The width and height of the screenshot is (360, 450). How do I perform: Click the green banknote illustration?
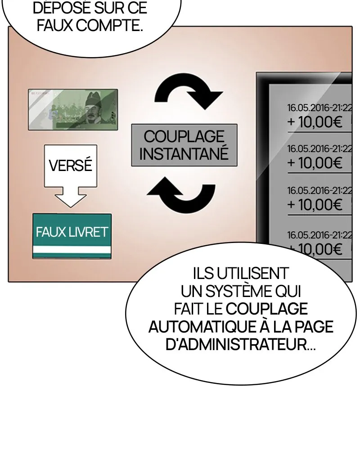tap(73, 109)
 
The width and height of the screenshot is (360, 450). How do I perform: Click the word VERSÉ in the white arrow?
tap(70, 165)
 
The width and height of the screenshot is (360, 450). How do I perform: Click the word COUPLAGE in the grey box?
tap(184, 136)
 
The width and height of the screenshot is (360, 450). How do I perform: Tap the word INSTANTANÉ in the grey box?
tap(184, 153)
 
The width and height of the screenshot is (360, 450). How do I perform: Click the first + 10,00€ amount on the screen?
tap(315, 122)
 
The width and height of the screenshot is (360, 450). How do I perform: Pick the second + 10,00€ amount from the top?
tap(315, 163)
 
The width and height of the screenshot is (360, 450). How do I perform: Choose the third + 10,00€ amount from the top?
tap(315, 205)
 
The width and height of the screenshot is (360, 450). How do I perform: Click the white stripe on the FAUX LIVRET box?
tap(72, 249)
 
